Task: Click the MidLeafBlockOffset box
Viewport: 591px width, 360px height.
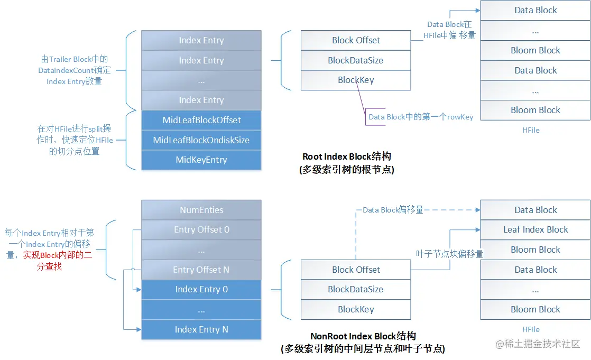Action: tap(201, 120)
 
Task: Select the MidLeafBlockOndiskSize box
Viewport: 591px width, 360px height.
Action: tap(201, 140)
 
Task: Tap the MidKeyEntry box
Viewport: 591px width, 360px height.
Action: tap(201, 160)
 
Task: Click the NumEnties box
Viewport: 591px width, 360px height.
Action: tap(201, 210)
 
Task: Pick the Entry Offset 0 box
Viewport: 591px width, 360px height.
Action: tap(201, 229)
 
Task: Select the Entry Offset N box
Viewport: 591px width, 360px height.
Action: tap(201, 270)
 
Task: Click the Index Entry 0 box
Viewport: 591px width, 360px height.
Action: tap(201, 289)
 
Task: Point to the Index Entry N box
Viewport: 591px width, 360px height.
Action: tap(201, 329)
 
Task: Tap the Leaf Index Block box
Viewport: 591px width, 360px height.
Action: tap(535, 229)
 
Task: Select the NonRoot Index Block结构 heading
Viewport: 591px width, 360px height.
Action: tap(363, 336)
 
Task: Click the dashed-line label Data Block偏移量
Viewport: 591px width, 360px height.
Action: tap(393, 210)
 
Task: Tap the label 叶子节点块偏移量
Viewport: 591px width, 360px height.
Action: tap(449, 254)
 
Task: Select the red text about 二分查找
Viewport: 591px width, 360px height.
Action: tap(58, 261)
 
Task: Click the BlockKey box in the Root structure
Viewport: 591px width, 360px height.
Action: tap(356, 80)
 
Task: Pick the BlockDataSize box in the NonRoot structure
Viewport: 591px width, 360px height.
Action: tap(356, 289)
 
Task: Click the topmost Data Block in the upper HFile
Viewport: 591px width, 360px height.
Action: tap(535, 10)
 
